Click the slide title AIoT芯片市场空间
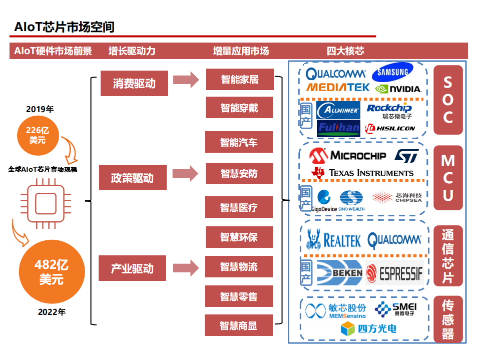pos(65,27)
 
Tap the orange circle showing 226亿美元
pos(37,135)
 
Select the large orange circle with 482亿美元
pos(51,271)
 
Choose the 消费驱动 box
pos(134,83)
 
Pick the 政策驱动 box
pos(132,178)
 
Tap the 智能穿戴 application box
pos(239,108)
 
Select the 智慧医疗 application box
pos(239,207)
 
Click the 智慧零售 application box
pos(239,296)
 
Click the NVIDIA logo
pos(398,89)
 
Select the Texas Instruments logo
pos(363,173)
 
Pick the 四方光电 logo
pos(369,328)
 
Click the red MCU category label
pos(448,178)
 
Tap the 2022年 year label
pos(52,312)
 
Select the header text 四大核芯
pos(345,51)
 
